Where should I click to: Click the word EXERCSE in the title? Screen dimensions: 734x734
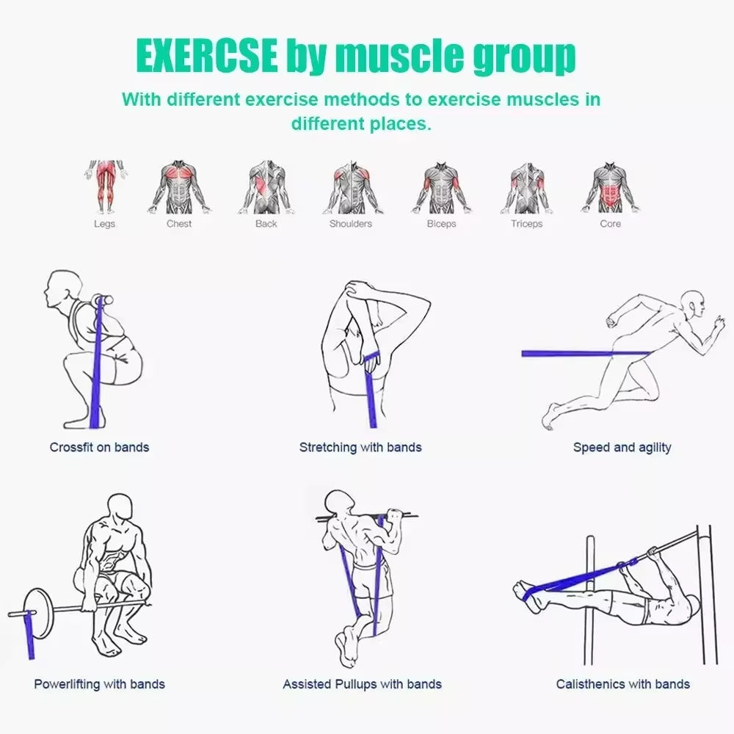[206, 57]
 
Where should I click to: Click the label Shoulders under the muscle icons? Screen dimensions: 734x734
[350, 224]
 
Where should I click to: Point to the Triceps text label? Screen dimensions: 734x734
[526, 224]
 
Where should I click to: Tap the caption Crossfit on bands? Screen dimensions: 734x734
[99, 447]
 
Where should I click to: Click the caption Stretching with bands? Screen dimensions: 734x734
[360, 447]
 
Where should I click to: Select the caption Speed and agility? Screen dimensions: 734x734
[622, 447]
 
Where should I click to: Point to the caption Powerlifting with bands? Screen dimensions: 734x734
[99, 684]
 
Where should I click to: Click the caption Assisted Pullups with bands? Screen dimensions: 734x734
[362, 684]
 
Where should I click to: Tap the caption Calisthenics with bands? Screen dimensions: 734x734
[622, 684]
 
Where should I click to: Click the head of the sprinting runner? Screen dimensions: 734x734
[692, 302]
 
